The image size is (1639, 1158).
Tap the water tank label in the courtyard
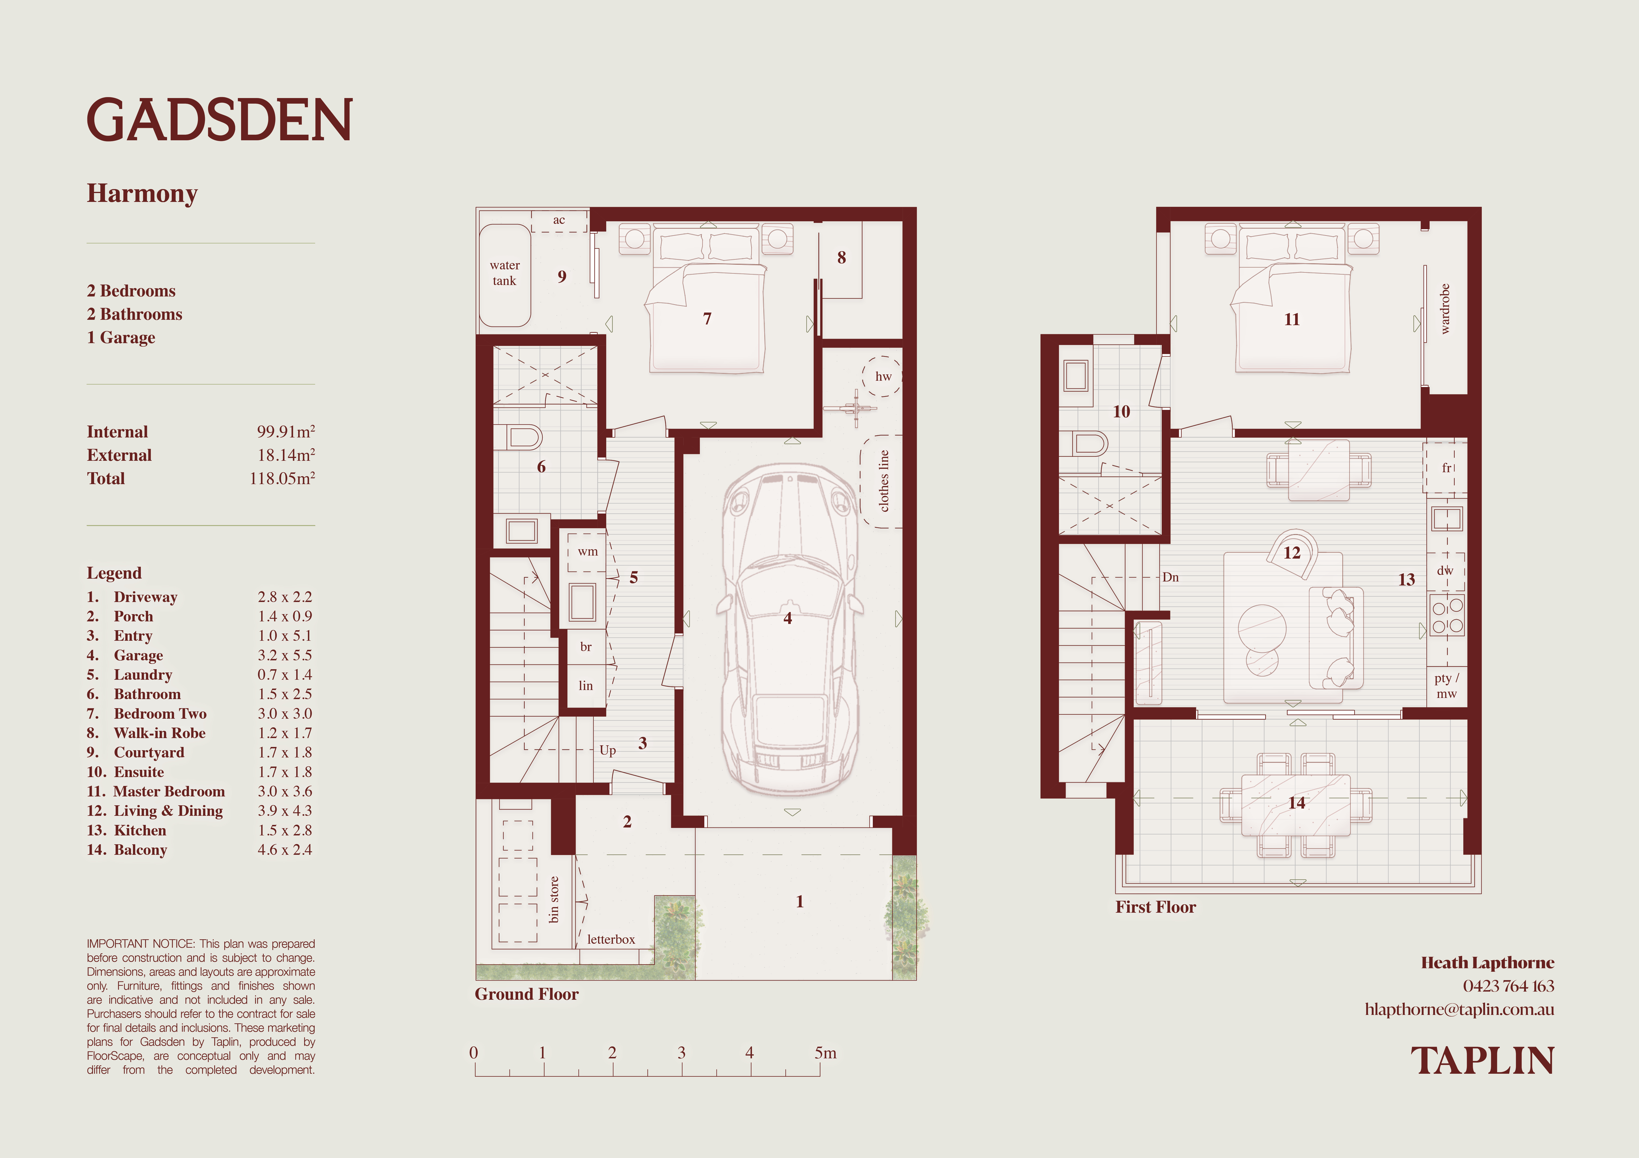point(505,273)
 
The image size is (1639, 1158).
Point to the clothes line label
point(884,481)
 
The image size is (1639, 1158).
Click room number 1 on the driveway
point(799,901)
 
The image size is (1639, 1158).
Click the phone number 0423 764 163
point(1508,986)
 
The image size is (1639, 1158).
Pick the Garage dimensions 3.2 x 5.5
point(285,655)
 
